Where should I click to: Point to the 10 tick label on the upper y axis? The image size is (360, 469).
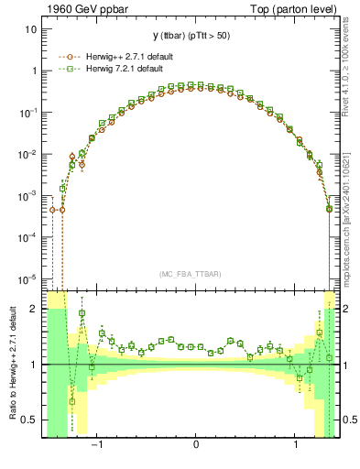tap(30, 29)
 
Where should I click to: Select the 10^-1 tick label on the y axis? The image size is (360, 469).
tap(27, 112)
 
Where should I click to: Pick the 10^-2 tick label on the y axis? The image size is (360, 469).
tap(27, 154)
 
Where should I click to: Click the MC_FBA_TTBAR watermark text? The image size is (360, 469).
tap(195, 274)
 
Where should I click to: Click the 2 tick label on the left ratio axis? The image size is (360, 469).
tap(35, 310)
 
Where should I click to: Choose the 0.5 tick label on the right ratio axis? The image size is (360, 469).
tap(348, 420)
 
